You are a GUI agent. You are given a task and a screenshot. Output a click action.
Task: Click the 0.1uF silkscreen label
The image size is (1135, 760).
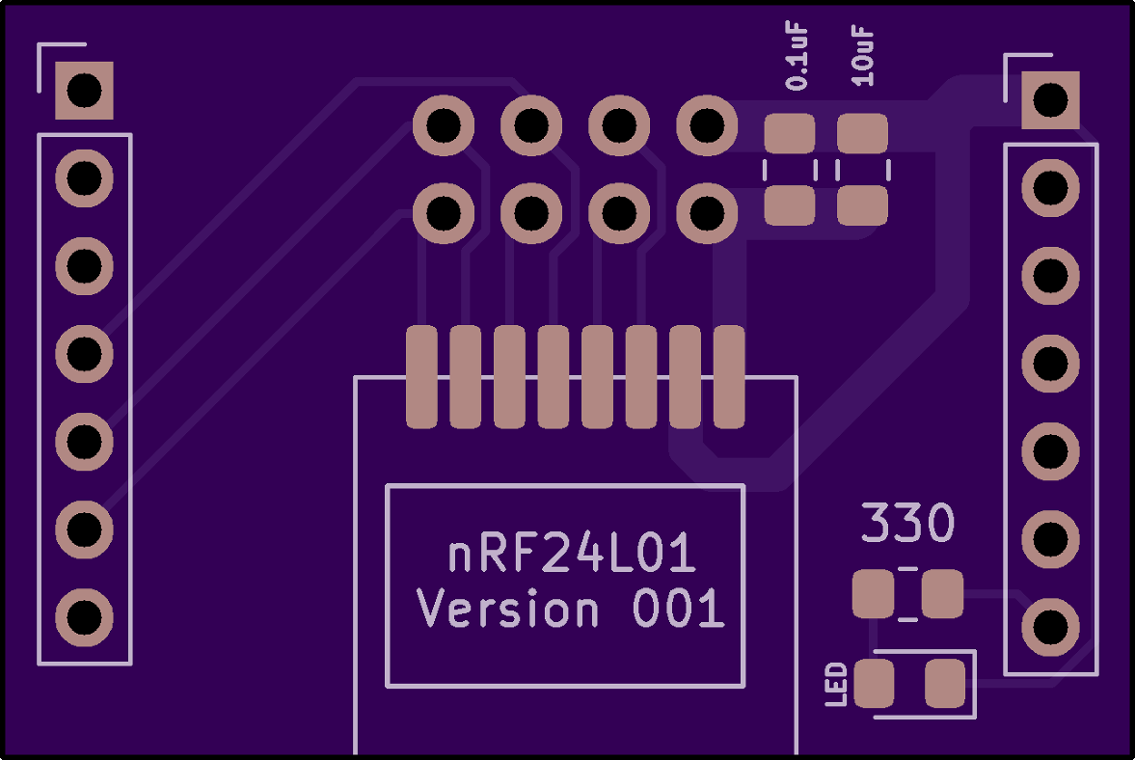tap(797, 59)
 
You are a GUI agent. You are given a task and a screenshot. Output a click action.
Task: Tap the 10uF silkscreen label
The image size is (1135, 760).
tap(864, 57)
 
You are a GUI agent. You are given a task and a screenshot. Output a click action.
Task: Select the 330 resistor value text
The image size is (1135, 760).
tap(906, 525)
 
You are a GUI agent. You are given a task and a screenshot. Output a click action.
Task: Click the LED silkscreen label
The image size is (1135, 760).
tap(837, 684)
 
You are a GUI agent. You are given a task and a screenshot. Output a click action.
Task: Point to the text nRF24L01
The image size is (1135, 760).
tap(572, 556)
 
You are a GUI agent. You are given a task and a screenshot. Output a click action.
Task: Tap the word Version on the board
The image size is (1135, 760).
tap(507, 611)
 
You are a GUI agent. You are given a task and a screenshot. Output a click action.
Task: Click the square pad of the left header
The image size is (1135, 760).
tap(84, 91)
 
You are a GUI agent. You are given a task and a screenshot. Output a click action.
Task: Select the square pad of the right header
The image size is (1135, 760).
tap(1050, 99)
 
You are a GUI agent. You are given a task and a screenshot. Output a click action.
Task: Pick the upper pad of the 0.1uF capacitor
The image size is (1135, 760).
tap(790, 133)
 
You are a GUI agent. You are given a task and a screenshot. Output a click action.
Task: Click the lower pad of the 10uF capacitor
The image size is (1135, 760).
tap(861, 205)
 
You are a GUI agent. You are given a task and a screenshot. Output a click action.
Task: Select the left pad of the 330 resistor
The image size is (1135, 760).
tap(874, 594)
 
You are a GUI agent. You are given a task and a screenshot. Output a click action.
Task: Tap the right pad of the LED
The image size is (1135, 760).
tap(944, 684)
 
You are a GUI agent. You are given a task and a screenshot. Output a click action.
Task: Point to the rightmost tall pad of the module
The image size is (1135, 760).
tap(729, 377)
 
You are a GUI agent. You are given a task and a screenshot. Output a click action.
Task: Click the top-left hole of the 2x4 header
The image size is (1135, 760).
tap(444, 124)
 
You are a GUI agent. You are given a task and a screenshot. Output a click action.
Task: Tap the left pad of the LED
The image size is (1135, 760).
tap(875, 684)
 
